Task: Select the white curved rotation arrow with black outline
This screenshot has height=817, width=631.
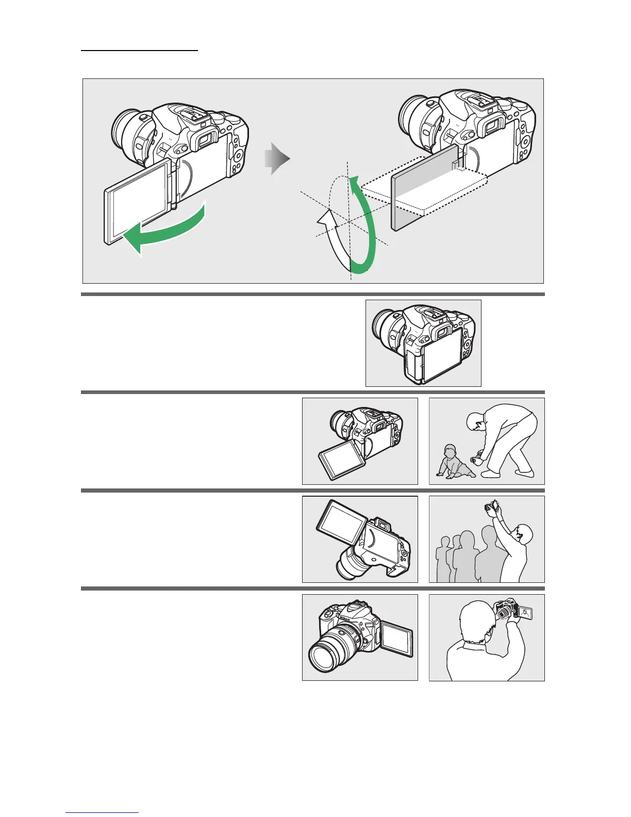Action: pyautogui.click(x=330, y=242)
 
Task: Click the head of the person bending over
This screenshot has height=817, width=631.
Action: pyautogui.click(x=475, y=422)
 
